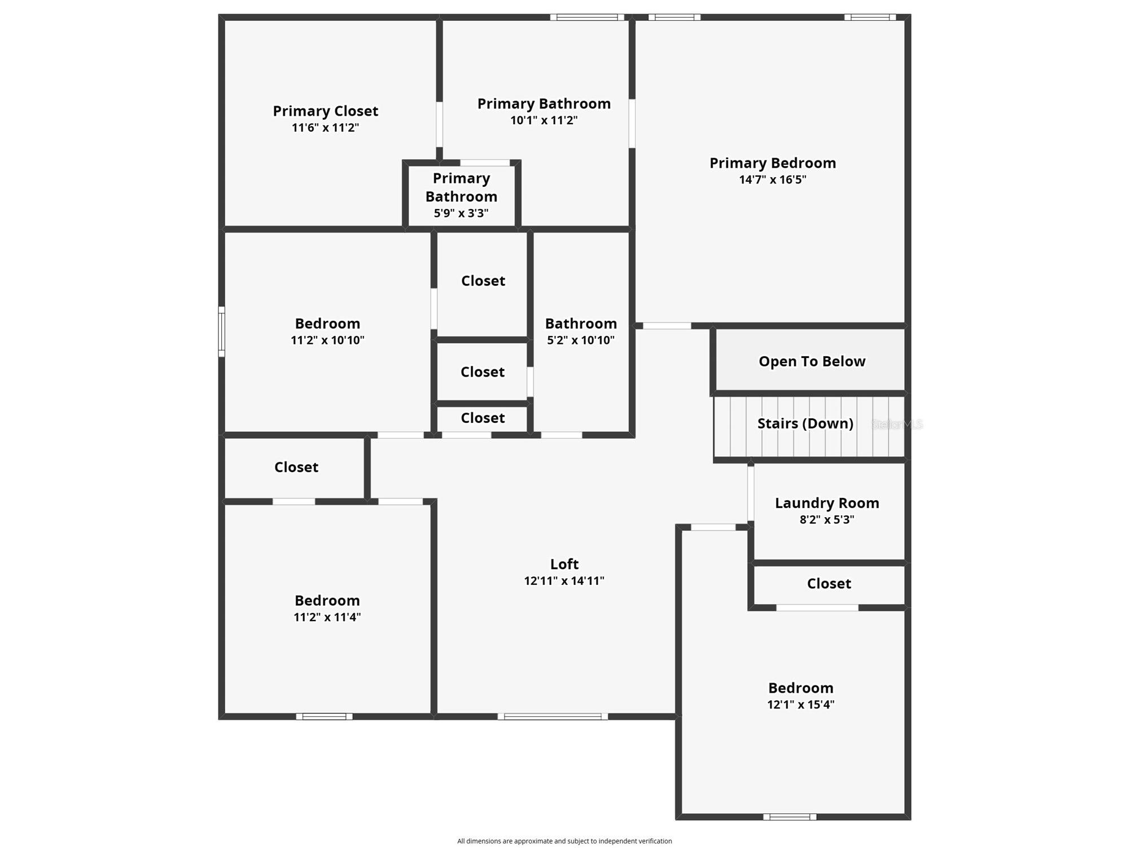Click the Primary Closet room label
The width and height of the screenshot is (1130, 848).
click(325, 111)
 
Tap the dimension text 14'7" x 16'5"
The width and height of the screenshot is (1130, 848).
click(773, 180)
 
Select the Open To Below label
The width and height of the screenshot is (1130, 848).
click(812, 361)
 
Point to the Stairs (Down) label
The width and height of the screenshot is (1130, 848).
click(805, 423)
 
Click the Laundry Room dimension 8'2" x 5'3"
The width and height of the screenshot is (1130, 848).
click(827, 519)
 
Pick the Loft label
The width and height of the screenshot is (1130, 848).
click(564, 564)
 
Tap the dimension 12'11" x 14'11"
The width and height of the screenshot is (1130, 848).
click(564, 580)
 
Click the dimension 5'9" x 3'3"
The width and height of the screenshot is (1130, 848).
click(461, 213)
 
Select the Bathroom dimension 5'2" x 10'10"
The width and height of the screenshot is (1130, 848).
click(581, 340)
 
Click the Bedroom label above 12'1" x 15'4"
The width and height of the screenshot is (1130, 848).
click(800, 688)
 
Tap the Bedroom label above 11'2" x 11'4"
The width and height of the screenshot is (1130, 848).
click(327, 600)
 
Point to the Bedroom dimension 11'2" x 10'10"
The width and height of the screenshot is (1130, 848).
click(327, 340)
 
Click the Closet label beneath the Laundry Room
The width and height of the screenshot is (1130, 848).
click(829, 583)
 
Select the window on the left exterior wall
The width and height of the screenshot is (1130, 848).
click(222, 332)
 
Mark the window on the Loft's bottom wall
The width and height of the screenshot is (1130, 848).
click(553, 716)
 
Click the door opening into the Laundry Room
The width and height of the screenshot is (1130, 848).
click(751, 493)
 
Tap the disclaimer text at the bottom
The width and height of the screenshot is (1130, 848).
click(564, 841)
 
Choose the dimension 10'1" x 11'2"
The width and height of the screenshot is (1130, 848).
click(544, 120)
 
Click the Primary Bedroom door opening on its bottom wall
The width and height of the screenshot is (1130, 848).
click(667, 326)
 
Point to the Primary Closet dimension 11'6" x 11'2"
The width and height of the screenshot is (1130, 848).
click(325, 128)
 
